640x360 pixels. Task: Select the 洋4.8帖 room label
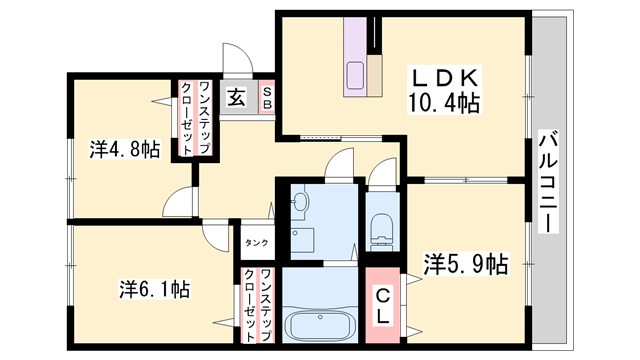pos(124,150)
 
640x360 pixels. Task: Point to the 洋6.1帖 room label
pos(154,290)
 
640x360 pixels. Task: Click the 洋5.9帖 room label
pos(466,265)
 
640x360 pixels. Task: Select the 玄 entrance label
pos(235,99)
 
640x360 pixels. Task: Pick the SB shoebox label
pos(267,99)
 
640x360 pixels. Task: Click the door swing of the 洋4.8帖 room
pos(180,200)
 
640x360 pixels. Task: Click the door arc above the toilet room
pos(383,172)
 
